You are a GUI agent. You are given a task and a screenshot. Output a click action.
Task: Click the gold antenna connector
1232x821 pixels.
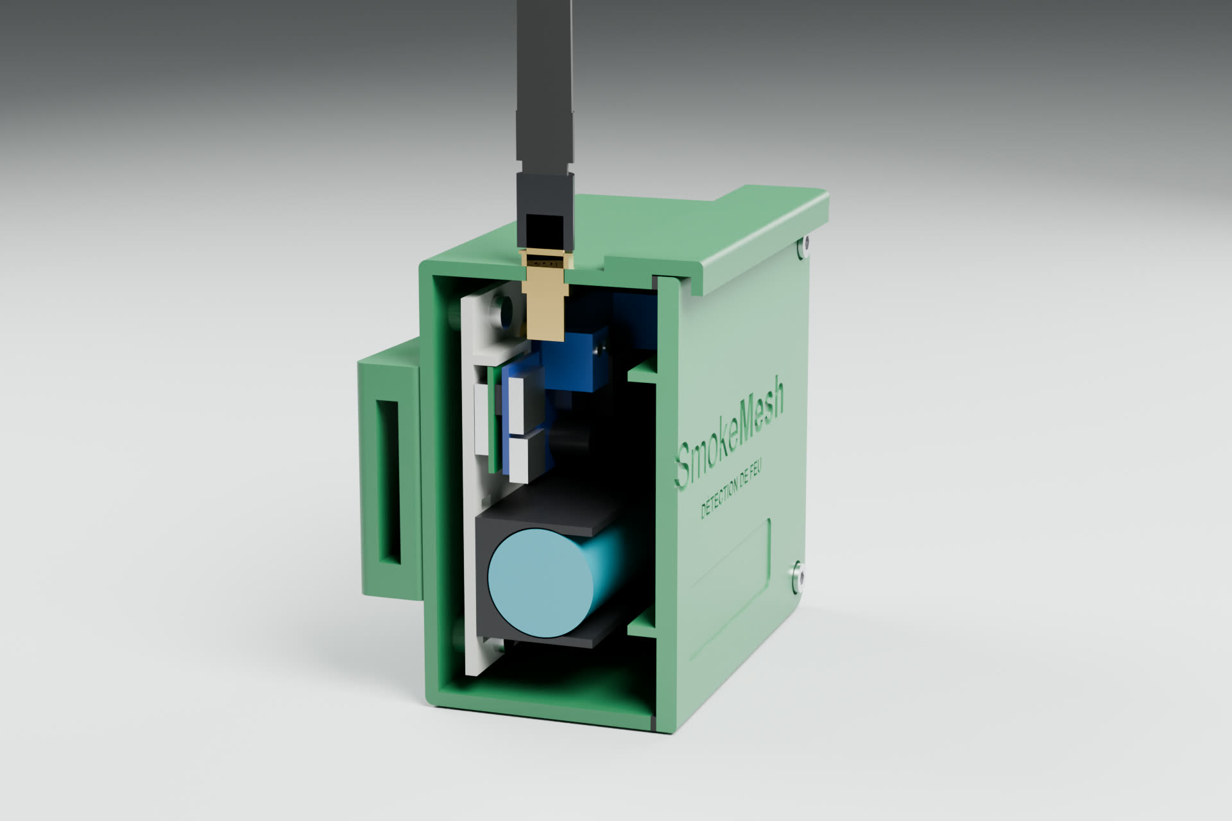(x=545, y=295)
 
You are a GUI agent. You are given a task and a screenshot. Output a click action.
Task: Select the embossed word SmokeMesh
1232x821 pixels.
(x=732, y=431)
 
